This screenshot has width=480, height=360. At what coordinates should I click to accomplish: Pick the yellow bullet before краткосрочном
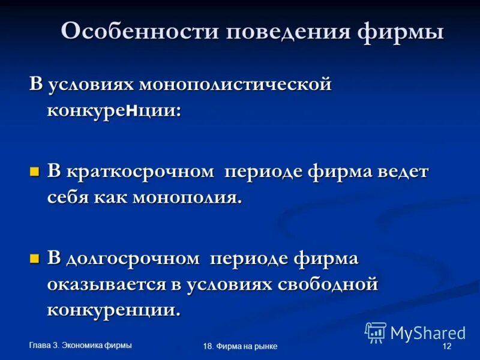pyautogui.click(x=34, y=172)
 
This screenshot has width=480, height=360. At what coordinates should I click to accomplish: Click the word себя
pyautogui.click(x=67, y=198)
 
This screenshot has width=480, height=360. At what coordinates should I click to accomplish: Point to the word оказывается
pyautogui.click(x=104, y=284)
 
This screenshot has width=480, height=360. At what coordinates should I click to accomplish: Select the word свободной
pyautogui.click(x=328, y=284)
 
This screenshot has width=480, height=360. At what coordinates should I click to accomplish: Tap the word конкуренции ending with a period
pyautogui.click(x=113, y=310)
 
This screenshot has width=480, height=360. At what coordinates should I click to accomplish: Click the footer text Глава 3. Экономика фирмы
pyautogui.click(x=80, y=344)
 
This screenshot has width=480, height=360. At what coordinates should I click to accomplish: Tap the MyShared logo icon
pyautogui.click(x=376, y=332)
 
